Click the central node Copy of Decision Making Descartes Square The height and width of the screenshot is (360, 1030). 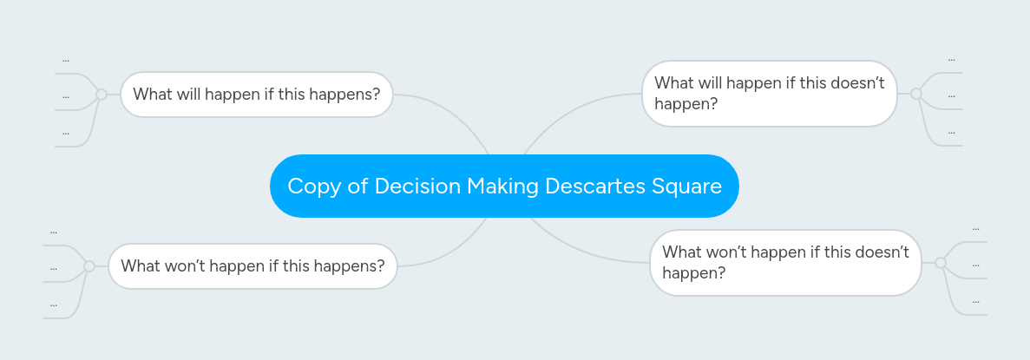[x=504, y=186]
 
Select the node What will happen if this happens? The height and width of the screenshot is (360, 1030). [x=256, y=95]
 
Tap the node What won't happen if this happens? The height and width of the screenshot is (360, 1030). [x=253, y=266]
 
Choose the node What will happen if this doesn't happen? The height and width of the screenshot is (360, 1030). [x=769, y=94]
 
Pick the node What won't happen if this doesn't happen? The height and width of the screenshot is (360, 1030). [x=784, y=263]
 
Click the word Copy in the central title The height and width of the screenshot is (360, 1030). [x=313, y=187]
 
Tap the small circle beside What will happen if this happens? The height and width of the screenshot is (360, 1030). [x=102, y=95]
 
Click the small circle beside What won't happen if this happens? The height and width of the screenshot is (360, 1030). [x=89, y=266]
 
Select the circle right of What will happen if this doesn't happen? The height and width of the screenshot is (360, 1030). [x=916, y=94]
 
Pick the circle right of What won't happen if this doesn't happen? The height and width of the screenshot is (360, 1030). [x=941, y=262]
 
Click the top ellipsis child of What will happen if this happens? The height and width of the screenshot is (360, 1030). [x=66, y=60]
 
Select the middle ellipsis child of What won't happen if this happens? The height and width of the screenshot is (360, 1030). [x=54, y=268]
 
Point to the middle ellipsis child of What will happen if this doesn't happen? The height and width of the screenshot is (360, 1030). [x=952, y=95]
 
